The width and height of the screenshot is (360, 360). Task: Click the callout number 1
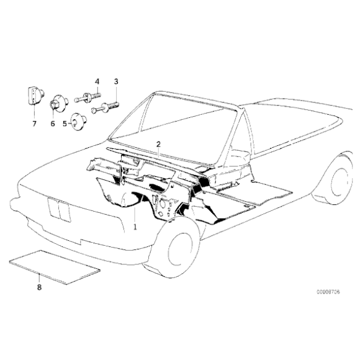(x=135, y=228)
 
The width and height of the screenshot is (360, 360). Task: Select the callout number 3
(x=115, y=82)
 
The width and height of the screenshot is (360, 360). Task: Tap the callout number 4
(x=97, y=82)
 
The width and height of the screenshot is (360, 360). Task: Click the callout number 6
(x=53, y=124)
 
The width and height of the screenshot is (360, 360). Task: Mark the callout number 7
(x=35, y=124)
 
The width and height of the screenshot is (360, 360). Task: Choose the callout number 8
(x=39, y=287)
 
